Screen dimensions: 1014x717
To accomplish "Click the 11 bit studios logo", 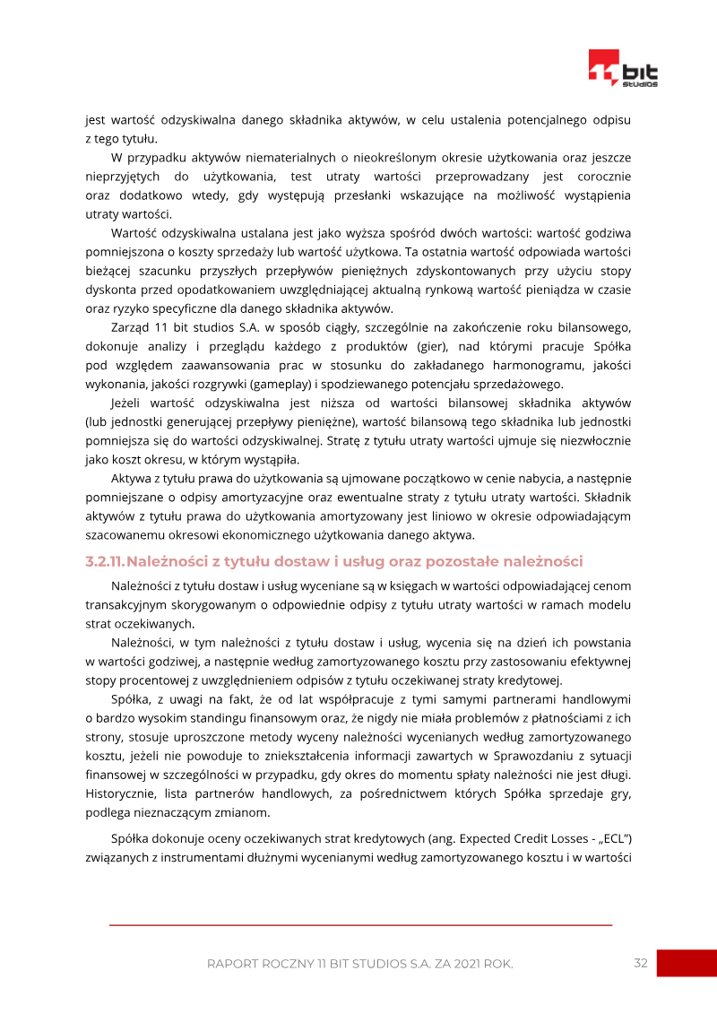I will (x=623, y=68).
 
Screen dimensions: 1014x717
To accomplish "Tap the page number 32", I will (x=640, y=963).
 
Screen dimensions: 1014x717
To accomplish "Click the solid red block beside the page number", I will (x=687, y=963).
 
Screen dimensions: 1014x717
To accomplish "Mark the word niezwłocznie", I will (x=592, y=440).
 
